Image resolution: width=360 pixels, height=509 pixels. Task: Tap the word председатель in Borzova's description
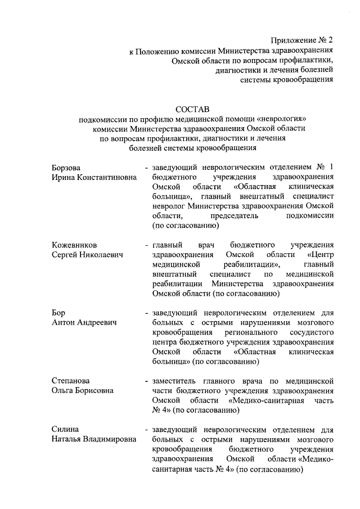point(233,216)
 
